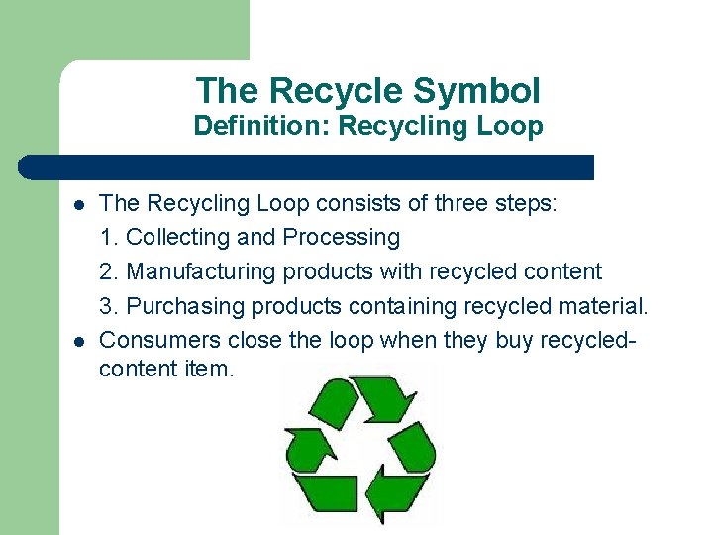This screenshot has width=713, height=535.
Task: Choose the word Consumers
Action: coord(160,340)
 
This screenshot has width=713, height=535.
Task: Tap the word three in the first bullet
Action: coord(457,204)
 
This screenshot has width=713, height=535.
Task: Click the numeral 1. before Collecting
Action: coord(110,238)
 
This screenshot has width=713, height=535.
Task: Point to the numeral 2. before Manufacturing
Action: coord(110,271)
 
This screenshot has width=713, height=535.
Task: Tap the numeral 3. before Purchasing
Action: coord(110,306)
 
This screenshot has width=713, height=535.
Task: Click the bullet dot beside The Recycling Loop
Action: coord(77,205)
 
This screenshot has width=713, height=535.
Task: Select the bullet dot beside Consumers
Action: coord(77,341)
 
